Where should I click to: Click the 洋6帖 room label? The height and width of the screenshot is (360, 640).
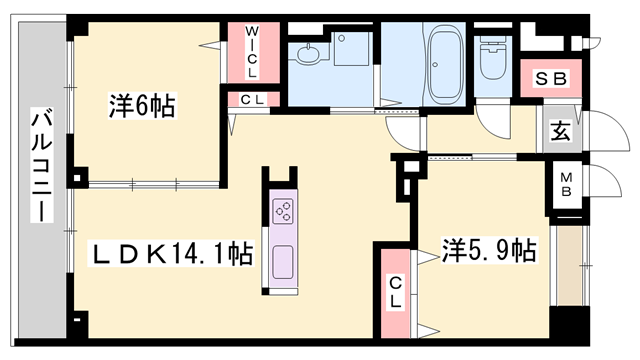tap(142, 105)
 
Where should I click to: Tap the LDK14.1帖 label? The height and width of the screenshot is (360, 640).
tap(172, 253)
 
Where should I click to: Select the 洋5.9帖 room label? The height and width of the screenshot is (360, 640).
tap(489, 250)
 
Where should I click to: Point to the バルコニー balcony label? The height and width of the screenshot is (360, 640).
tap(42, 165)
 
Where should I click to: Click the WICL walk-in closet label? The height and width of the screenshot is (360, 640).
tap(252, 52)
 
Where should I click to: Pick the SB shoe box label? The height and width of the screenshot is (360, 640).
tap(551, 79)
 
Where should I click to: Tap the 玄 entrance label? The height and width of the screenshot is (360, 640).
tap(560, 131)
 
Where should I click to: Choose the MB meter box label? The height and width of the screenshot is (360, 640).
tap(566, 184)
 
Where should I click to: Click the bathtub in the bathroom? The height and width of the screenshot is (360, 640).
tap(444, 64)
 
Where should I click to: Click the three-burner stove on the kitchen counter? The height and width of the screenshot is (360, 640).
tap(284, 211)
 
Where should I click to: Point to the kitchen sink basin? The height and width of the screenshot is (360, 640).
tap(283, 262)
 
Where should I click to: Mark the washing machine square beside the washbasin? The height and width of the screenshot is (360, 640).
tap(352, 49)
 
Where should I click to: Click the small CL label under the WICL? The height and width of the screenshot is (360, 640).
tap(253, 100)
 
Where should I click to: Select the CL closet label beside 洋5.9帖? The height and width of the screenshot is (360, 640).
tap(395, 292)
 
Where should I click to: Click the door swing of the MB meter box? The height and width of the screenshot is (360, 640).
tap(604, 182)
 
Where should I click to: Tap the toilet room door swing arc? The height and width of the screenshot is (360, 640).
tap(493, 120)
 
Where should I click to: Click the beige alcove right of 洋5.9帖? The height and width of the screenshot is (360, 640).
tap(570, 265)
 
